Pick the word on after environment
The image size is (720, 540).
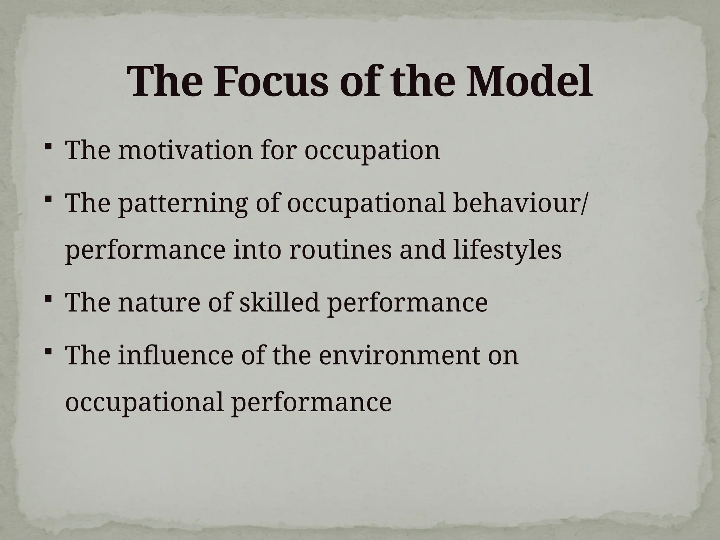point(503,356)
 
